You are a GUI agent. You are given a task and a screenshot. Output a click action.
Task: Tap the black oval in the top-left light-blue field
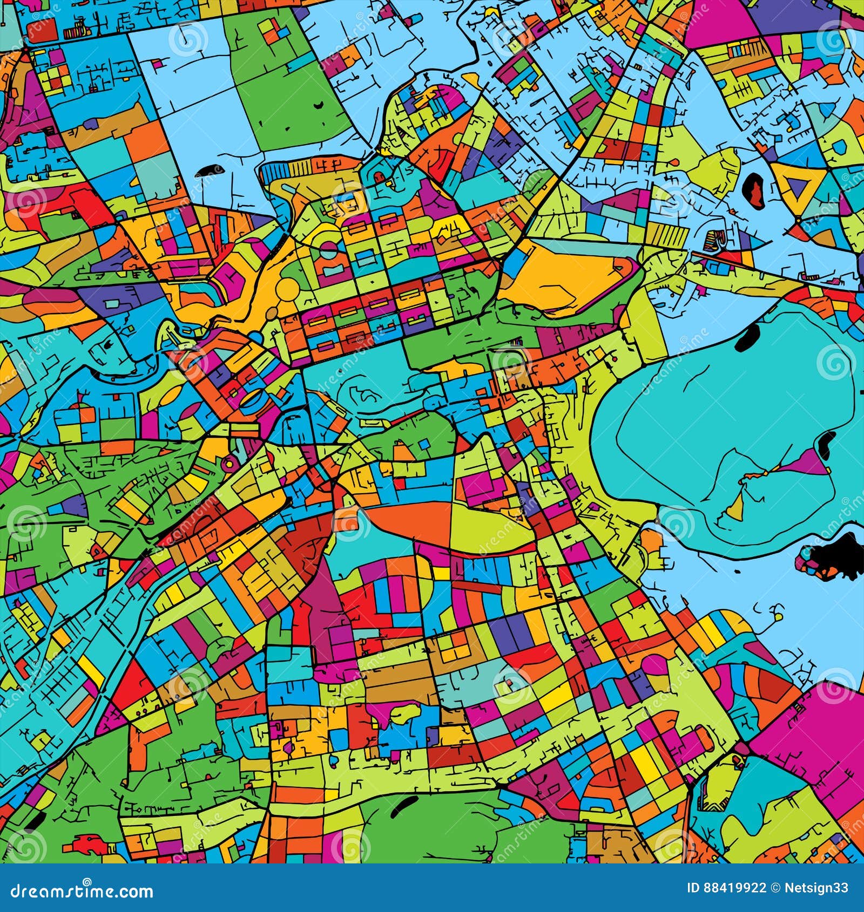pos(207,172)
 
